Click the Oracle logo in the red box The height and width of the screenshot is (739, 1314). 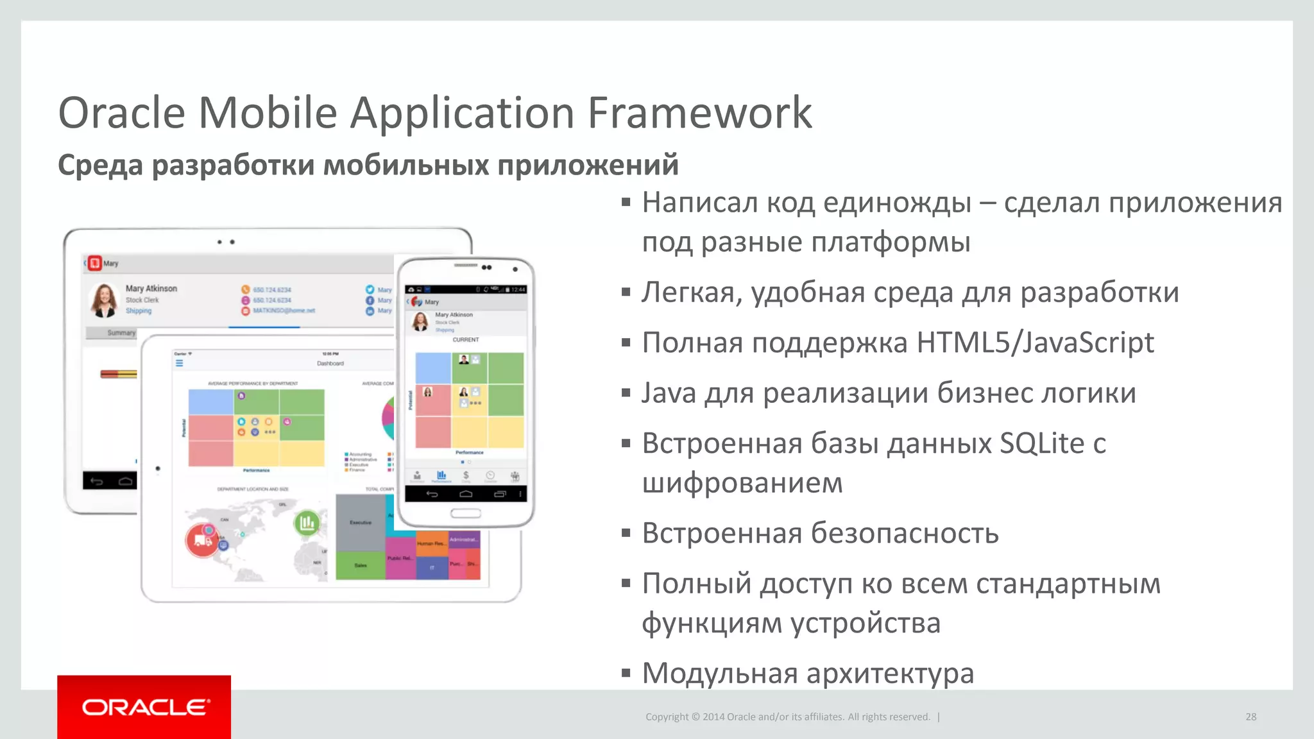[145, 707]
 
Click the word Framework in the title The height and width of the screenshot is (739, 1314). [700, 113]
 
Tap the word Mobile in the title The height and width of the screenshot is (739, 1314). [268, 113]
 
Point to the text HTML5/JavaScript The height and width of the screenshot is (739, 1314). [1035, 343]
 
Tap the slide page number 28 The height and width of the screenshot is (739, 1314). [1250, 717]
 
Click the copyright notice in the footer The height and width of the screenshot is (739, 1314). [787, 717]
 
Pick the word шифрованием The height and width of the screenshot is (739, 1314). [742, 483]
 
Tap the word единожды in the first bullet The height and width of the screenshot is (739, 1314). [897, 203]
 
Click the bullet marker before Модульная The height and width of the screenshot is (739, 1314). [626, 674]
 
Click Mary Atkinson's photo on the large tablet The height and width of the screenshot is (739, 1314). [104, 300]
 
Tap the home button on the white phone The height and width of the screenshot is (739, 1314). [465, 513]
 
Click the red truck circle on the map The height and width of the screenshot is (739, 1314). [202, 540]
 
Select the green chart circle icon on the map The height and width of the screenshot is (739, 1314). [307, 523]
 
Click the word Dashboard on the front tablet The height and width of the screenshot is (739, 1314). [330, 364]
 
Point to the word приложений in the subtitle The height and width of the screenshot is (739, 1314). [588, 165]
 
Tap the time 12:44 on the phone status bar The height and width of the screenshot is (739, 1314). [518, 289]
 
